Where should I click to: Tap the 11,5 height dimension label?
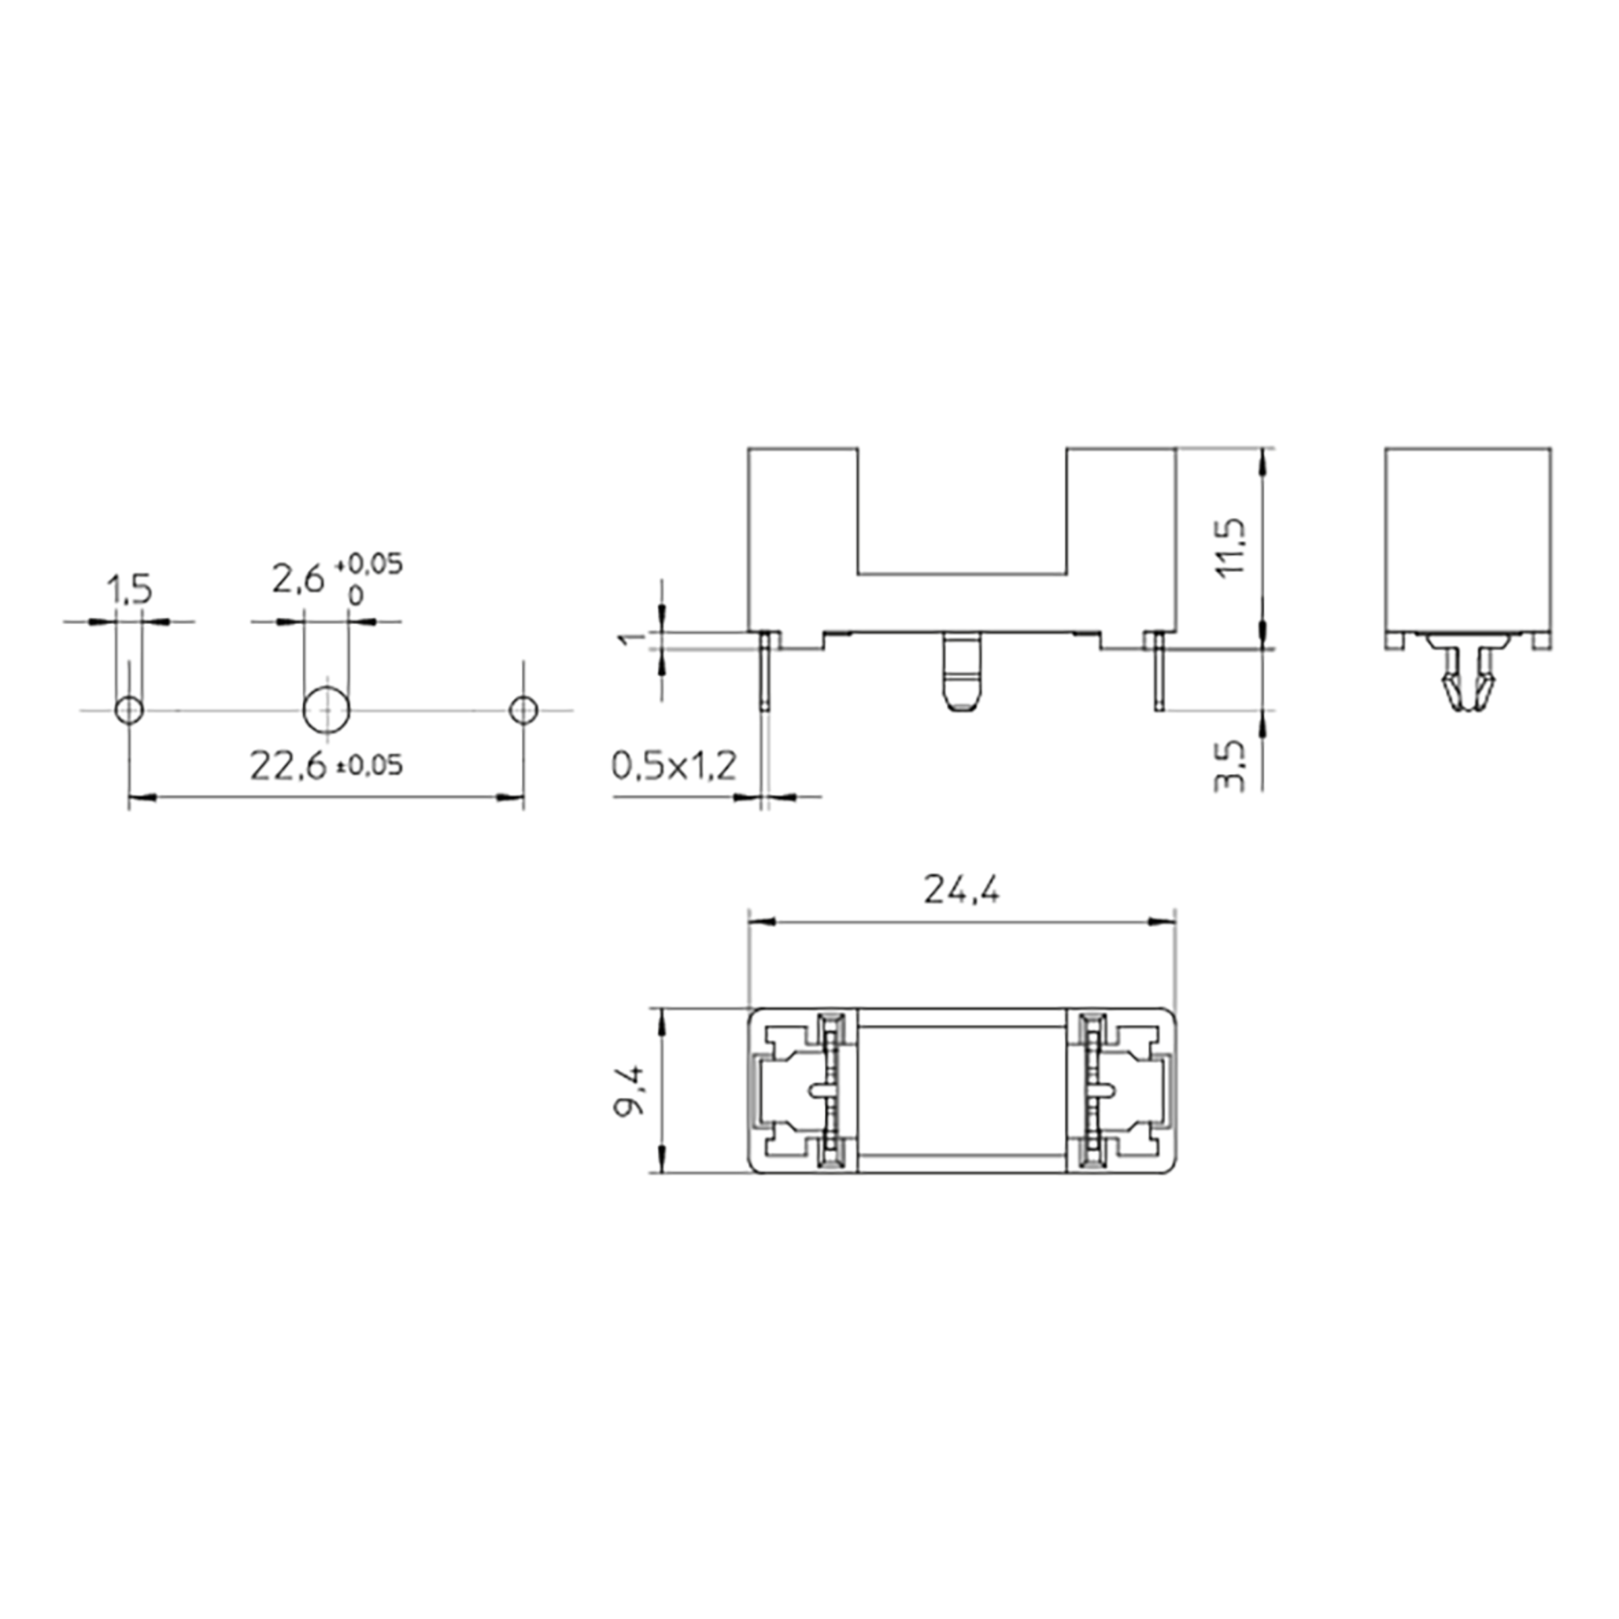click(1235, 548)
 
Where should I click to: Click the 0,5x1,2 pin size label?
click(674, 765)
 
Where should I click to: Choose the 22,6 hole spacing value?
click(287, 766)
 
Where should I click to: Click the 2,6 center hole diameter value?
click(297, 578)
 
